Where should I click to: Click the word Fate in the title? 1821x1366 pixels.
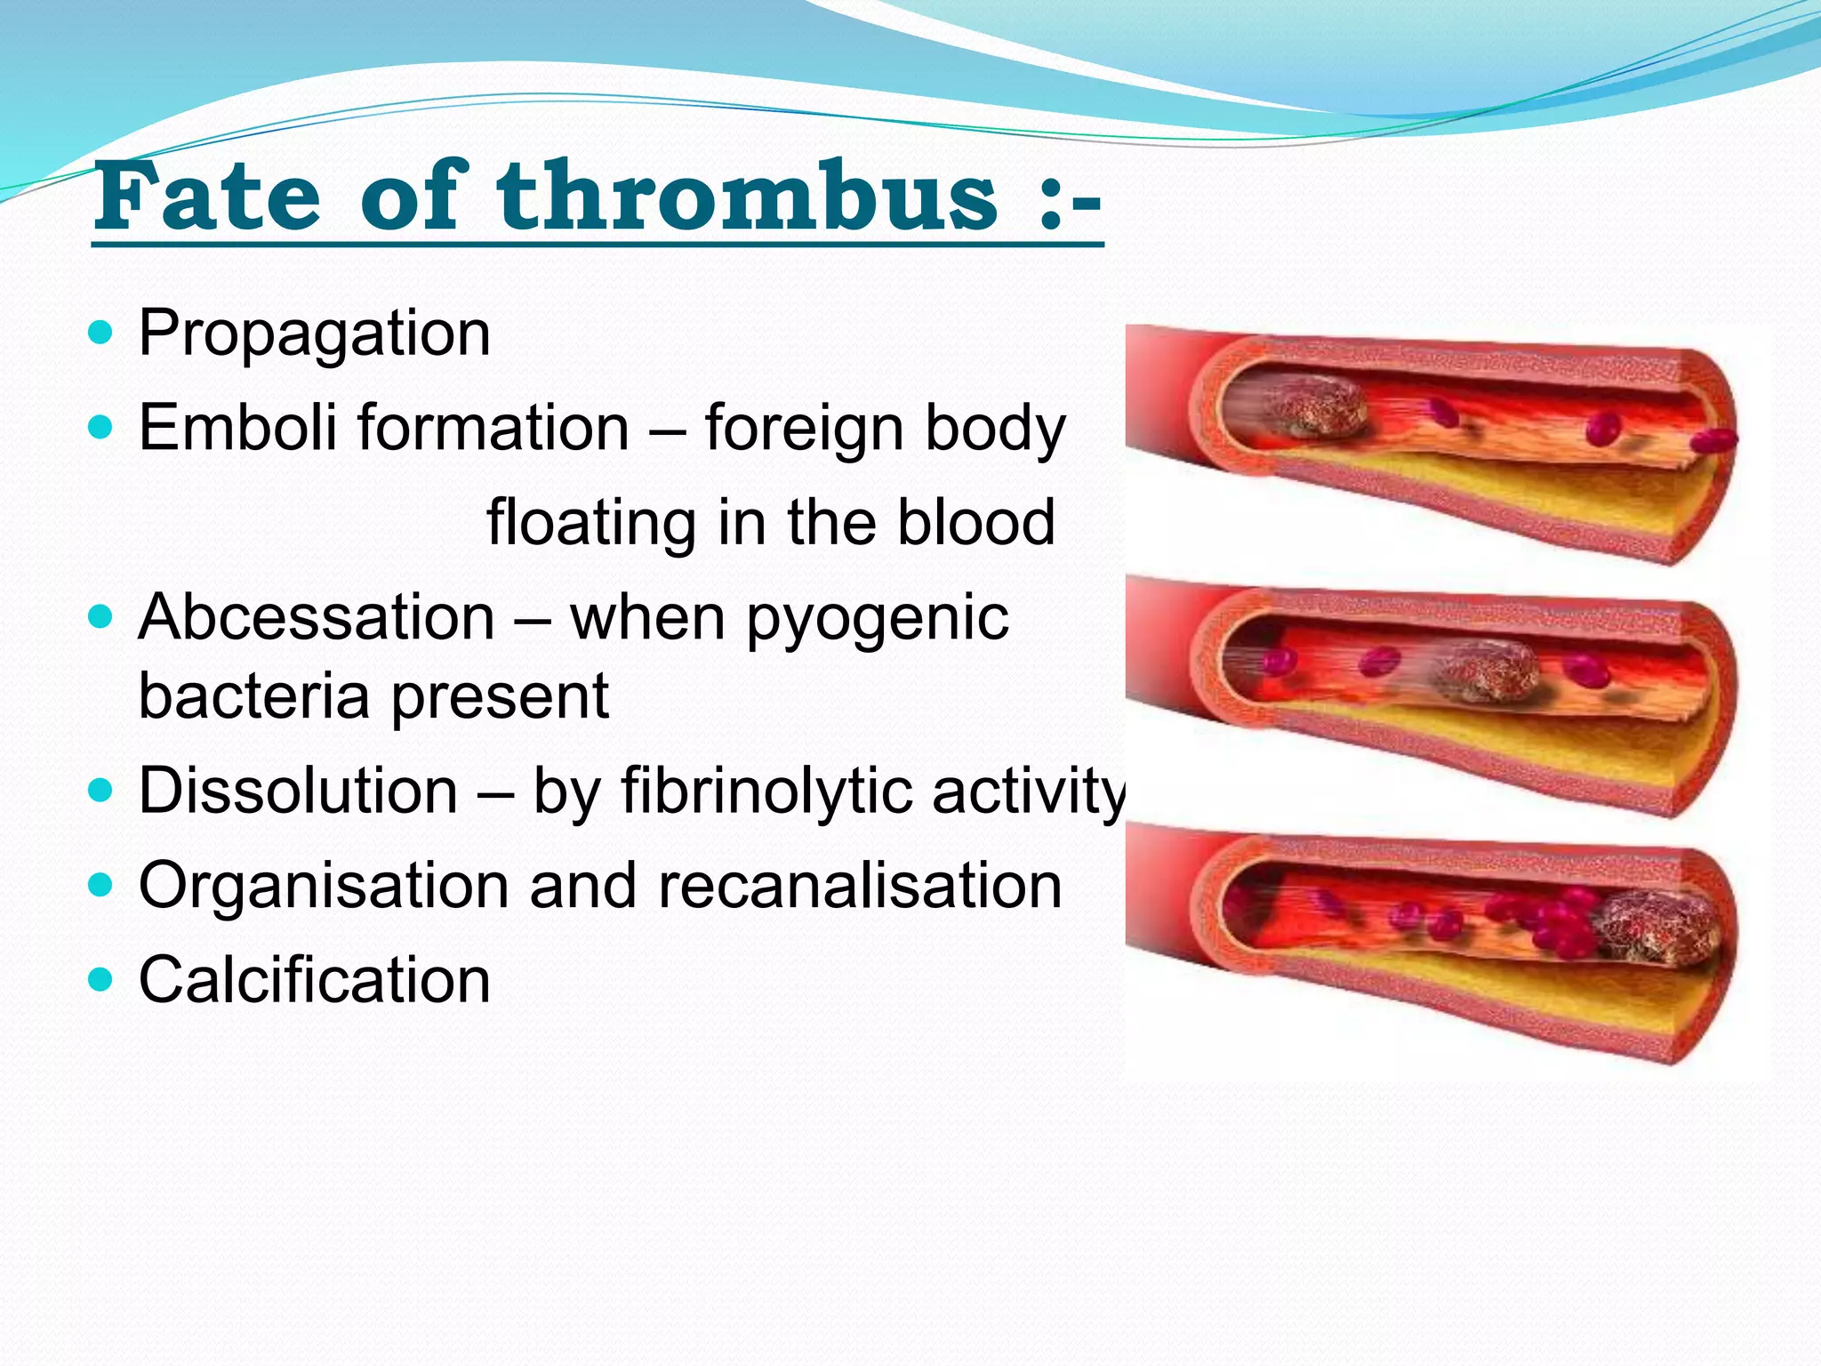click(x=206, y=197)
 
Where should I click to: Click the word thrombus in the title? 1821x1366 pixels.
click(x=747, y=197)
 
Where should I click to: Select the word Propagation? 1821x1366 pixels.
click(x=314, y=334)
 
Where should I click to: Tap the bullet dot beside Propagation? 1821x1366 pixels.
click(x=102, y=333)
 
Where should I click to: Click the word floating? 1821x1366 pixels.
click(x=590, y=522)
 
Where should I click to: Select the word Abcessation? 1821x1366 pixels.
click(x=317, y=617)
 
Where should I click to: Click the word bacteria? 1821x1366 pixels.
click(x=253, y=696)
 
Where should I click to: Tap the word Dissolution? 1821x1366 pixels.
click(x=298, y=791)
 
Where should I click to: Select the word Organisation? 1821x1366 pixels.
click(x=324, y=886)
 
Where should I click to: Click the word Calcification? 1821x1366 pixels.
click(x=314, y=980)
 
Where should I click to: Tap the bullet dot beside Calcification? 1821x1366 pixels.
click(x=102, y=980)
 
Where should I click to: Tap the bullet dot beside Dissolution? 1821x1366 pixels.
click(x=102, y=790)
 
